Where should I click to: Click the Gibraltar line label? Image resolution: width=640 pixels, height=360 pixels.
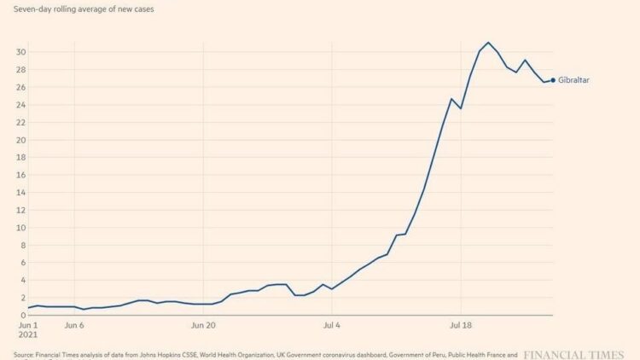pos(574,80)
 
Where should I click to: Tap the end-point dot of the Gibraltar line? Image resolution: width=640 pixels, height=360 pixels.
pos(553,80)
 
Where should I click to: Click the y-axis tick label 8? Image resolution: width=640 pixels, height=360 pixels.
pos(20,245)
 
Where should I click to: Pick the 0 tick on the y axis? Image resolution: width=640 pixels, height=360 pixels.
pos(20,315)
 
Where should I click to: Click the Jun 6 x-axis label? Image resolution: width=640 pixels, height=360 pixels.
pos(74,325)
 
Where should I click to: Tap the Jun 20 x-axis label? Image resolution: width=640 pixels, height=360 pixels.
pos(203,325)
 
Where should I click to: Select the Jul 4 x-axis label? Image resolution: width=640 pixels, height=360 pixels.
pos(332,325)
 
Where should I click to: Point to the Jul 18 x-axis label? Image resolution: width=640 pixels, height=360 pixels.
pos(461,325)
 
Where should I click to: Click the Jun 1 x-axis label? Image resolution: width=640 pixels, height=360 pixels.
pos(28,325)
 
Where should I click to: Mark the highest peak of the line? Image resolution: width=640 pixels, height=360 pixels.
pos(488,43)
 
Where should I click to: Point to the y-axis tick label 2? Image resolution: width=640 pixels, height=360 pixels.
pos(20,297)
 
